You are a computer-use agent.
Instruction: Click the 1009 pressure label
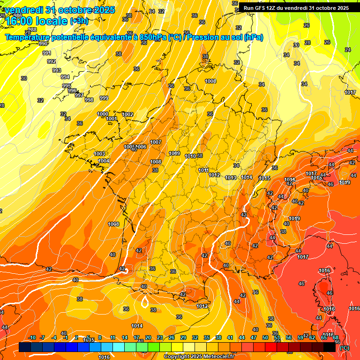click(x=174, y=153)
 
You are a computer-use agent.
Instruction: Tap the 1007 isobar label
click(x=156, y=142)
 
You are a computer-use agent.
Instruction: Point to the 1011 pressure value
click(x=203, y=170)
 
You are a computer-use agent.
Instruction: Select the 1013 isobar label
click(x=230, y=178)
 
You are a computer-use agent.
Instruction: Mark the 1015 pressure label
click(x=264, y=178)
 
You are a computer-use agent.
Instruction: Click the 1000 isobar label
click(x=103, y=114)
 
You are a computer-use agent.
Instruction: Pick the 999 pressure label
click(x=104, y=98)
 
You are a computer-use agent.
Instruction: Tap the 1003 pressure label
click(x=99, y=154)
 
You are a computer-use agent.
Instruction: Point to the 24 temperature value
click(x=347, y=50)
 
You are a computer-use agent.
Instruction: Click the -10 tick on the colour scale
click(x=32, y=337)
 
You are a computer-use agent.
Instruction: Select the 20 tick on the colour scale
click(x=148, y=337)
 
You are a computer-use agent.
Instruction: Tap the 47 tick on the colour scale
click(x=254, y=337)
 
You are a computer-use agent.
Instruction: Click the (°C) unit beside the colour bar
click(x=344, y=348)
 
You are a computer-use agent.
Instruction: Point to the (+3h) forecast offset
click(x=78, y=21)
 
